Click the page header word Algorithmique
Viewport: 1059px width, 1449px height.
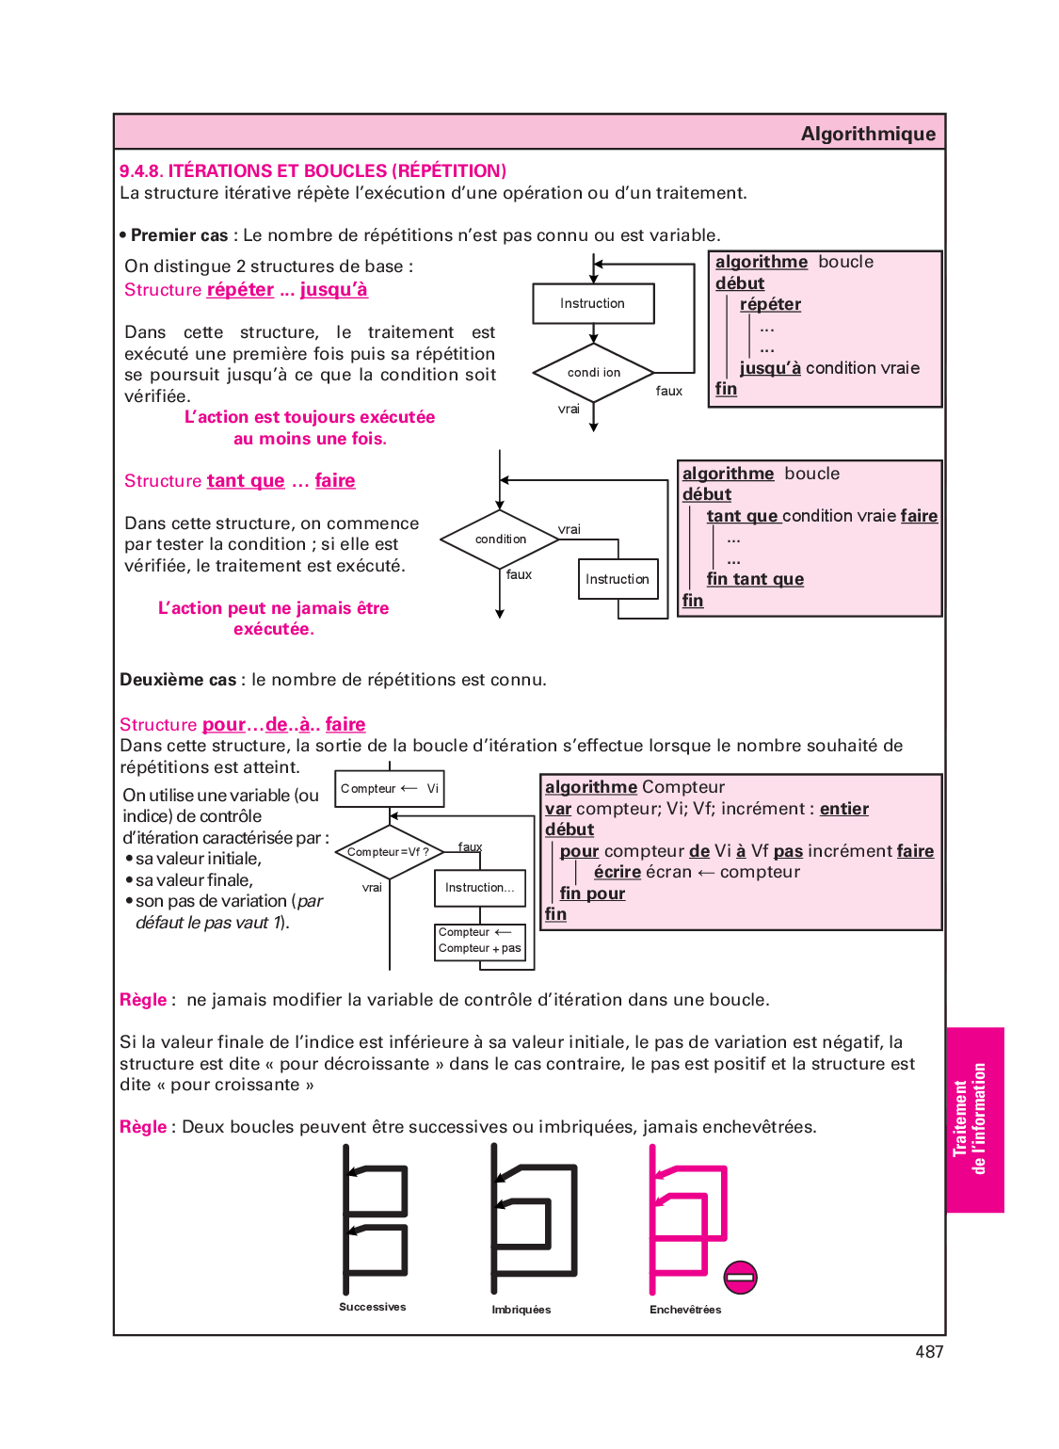coord(868,134)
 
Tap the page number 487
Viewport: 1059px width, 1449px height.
coord(928,1352)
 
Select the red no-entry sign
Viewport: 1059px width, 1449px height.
coord(740,1277)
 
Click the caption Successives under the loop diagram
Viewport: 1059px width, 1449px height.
coord(373,1307)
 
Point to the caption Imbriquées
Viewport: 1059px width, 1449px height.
coord(521,1310)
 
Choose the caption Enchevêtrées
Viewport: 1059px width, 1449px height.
coord(685,1310)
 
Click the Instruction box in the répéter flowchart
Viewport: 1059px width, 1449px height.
coord(593,303)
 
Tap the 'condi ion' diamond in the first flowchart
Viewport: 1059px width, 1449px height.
coord(593,373)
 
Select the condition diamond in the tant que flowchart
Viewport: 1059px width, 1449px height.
coord(501,539)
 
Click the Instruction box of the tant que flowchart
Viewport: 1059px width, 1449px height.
coord(618,579)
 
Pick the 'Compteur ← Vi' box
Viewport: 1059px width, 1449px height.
coord(390,789)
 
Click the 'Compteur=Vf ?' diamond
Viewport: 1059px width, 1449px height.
coord(389,852)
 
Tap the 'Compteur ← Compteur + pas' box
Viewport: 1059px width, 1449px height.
coord(480,941)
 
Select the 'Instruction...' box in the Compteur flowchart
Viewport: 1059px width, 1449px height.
coord(480,888)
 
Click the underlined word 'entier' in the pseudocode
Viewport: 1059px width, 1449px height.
coord(843,809)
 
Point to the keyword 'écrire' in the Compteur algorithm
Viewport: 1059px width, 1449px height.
coord(618,872)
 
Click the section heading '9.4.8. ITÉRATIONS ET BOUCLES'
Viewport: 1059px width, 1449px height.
coord(313,170)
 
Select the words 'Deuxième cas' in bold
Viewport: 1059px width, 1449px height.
coord(178,680)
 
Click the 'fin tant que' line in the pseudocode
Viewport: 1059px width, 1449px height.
coord(755,579)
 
